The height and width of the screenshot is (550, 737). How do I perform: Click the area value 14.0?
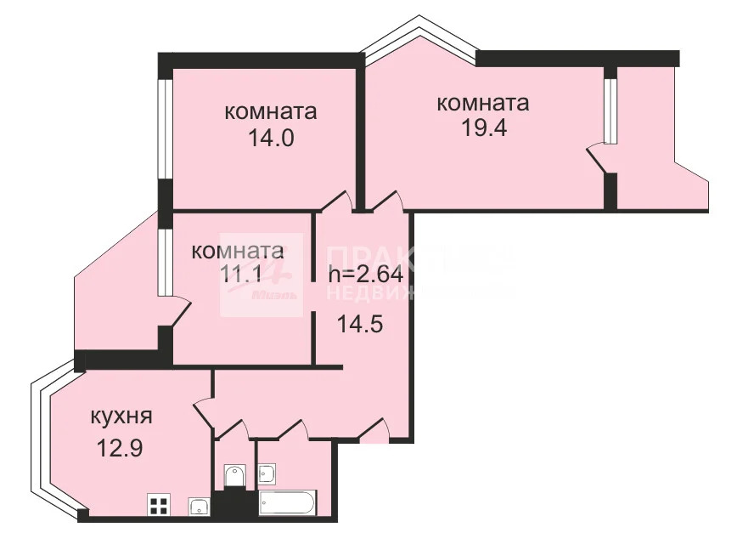click(271, 139)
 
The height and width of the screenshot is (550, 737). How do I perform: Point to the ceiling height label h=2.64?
click(365, 275)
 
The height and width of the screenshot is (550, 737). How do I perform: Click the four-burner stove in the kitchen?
click(158, 506)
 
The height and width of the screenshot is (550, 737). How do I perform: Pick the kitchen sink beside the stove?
click(199, 507)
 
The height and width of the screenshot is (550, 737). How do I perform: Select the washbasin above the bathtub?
click(267, 473)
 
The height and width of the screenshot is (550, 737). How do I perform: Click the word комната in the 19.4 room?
click(482, 103)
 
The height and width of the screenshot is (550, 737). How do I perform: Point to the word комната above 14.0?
click(271, 111)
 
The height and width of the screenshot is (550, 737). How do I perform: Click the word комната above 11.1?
click(237, 252)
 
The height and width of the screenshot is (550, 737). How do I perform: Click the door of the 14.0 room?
click(338, 201)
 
